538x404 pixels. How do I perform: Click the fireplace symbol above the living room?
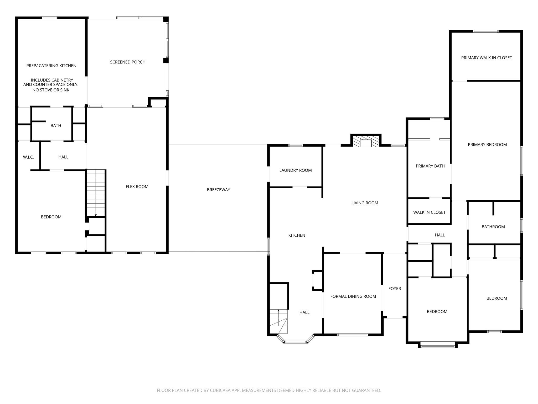(x=366, y=142)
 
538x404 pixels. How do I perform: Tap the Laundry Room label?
(x=295, y=170)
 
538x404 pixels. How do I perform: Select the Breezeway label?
(x=218, y=190)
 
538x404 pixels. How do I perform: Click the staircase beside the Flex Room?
(x=96, y=193)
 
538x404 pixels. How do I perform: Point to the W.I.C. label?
(x=28, y=157)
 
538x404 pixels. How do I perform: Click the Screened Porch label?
(x=128, y=62)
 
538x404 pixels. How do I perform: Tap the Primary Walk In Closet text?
(x=486, y=58)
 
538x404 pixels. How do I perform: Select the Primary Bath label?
(x=430, y=166)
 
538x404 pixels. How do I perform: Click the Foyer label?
(x=394, y=289)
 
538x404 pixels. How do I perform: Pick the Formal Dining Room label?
(x=353, y=296)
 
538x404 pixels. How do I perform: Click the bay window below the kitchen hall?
(x=296, y=342)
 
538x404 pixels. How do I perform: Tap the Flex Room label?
(x=137, y=187)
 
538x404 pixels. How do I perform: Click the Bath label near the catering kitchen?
(x=56, y=126)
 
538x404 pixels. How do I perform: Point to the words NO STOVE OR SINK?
(x=51, y=90)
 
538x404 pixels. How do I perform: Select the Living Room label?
(x=365, y=203)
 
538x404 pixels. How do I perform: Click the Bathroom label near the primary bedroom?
(x=493, y=227)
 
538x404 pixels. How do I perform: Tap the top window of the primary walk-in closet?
(x=485, y=32)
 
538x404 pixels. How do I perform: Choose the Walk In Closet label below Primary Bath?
(x=429, y=212)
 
